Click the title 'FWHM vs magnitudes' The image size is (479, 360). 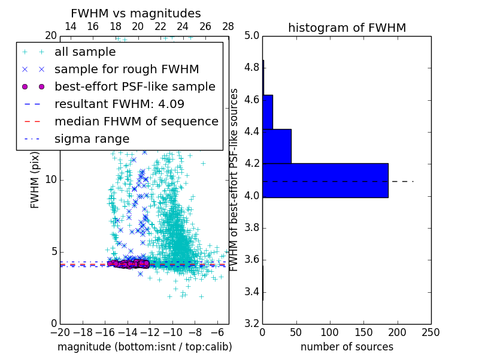pyautogui.click(x=136, y=13)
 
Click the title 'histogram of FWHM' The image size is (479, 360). pyautogui.click(x=347, y=28)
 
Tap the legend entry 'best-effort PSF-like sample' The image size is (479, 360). pyautogui.click(x=135, y=86)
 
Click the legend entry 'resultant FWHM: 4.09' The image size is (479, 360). pyautogui.click(x=119, y=104)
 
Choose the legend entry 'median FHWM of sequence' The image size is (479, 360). pyautogui.click(x=136, y=121)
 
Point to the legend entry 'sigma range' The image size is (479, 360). pyautogui.click(x=92, y=139)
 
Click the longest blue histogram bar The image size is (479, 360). pyautogui.click(x=325, y=180)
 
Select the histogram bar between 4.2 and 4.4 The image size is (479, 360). pyautogui.click(x=277, y=146)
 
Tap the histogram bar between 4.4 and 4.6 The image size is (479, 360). pyautogui.click(x=268, y=112)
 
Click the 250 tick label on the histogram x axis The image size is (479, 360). pyautogui.click(x=431, y=332)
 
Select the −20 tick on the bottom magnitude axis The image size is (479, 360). pyautogui.click(x=60, y=332)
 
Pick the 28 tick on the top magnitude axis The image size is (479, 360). pyautogui.click(x=228, y=26)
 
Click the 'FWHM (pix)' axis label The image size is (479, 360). pyautogui.click(x=35, y=179)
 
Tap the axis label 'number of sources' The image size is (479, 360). pyautogui.click(x=347, y=347)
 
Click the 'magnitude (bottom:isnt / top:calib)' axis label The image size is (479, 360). pyautogui.click(x=144, y=347)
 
